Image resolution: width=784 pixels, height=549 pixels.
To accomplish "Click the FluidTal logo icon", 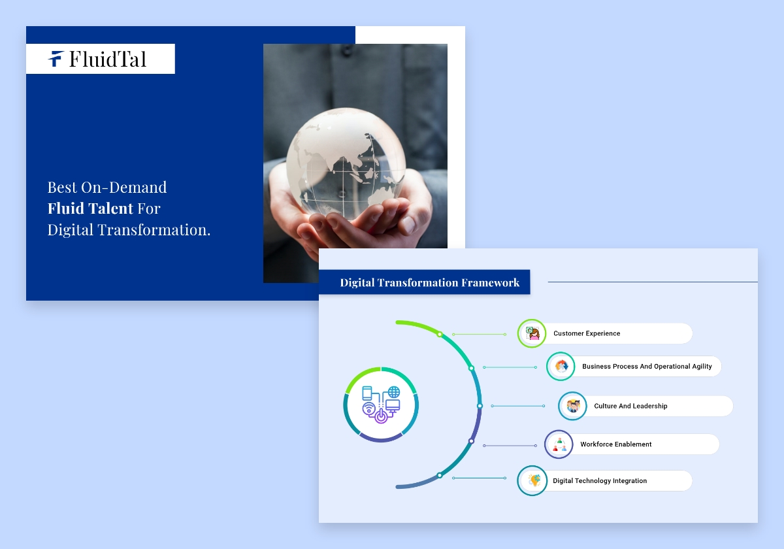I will (x=56, y=59).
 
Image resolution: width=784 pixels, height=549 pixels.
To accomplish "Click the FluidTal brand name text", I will (x=108, y=59).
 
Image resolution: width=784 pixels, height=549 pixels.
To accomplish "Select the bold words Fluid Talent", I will (x=90, y=208).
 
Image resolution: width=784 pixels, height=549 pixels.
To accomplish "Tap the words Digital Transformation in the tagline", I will (x=129, y=229).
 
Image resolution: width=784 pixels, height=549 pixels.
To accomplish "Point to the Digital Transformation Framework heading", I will (x=429, y=282).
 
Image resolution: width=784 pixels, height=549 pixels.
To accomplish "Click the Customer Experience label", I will (x=587, y=333).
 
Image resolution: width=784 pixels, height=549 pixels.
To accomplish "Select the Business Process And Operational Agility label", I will (x=647, y=367).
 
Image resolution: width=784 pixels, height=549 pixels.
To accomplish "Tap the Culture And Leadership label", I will (x=630, y=406).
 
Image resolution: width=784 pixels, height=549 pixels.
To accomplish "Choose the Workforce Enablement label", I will (x=615, y=444).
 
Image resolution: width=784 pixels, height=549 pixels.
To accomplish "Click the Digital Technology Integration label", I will (x=600, y=481).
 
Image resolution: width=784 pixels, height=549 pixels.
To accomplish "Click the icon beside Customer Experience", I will (x=532, y=333).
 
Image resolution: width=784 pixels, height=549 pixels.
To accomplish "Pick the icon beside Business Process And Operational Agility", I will (x=561, y=367).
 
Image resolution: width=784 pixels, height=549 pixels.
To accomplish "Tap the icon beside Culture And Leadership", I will (x=573, y=406).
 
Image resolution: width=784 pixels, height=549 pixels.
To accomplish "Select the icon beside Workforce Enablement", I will (x=559, y=444).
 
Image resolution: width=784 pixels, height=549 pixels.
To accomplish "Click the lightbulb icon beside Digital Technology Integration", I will (x=532, y=481).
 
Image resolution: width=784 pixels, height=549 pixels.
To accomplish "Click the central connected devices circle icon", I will (x=381, y=405).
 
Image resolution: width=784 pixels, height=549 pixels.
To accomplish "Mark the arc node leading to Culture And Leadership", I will (x=480, y=406).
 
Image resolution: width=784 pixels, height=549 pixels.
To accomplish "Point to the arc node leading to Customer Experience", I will (x=440, y=334).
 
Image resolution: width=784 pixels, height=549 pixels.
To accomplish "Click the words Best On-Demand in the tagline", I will (x=107, y=188).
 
